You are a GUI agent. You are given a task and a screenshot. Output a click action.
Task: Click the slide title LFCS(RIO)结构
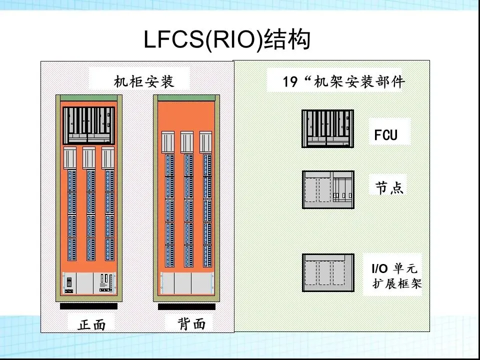[227, 40]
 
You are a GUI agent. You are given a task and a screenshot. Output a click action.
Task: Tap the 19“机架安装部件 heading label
[343, 81]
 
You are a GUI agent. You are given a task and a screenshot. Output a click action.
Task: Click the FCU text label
[386, 135]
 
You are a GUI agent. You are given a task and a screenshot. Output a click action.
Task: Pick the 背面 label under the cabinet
[192, 324]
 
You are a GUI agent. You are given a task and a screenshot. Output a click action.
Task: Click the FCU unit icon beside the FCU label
[327, 128]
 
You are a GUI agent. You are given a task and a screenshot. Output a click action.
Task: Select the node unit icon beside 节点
[327, 189]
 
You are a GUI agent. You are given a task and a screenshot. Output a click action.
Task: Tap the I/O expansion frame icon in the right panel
[327, 272]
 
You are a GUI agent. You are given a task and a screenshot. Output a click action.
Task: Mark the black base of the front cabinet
[88, 306]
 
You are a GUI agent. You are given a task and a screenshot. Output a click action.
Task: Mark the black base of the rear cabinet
[186, 306]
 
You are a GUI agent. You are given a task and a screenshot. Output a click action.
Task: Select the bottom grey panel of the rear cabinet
[186, 283]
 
